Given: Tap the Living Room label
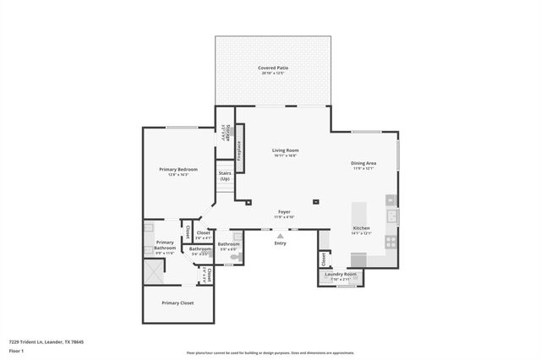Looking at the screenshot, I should pos(287,150).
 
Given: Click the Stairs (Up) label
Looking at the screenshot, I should pos(225,177).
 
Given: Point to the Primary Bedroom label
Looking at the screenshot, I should pos(178,169).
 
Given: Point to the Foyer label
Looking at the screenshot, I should pos(285,212).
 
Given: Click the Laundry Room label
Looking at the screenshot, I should pos(341,274).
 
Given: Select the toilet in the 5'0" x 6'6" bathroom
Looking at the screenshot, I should pos(240,254).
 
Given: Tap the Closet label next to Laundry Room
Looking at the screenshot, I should pos(324,258).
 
